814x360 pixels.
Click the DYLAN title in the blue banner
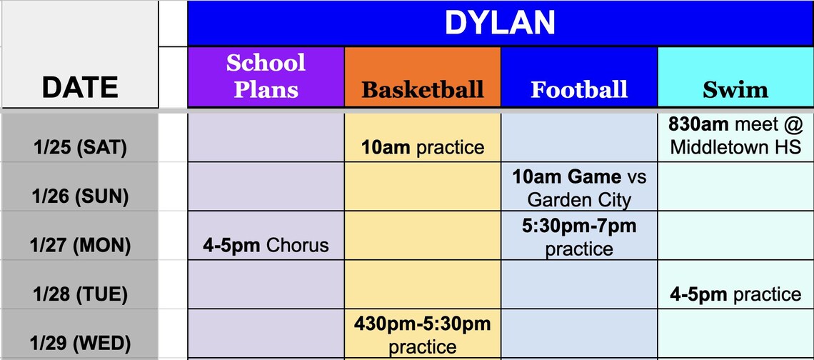500,23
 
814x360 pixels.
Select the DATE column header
80,87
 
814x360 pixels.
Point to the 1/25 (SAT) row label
80,148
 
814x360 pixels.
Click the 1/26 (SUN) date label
80,196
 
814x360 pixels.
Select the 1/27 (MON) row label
80,245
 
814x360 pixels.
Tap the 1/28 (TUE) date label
80,294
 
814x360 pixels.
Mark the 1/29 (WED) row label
80,344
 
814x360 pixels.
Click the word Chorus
298,245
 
